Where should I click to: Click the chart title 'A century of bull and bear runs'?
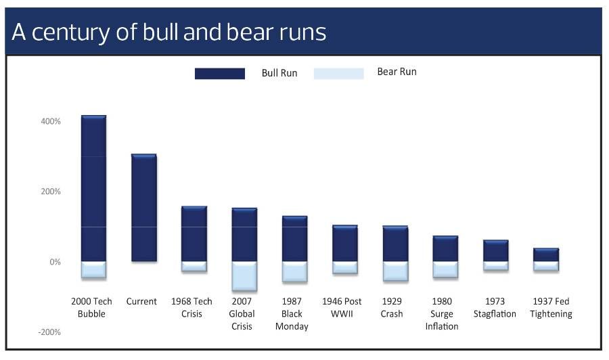tap(169, 32)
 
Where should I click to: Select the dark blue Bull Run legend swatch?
tap(219, 73)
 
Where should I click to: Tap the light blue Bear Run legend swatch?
tap(338, 73)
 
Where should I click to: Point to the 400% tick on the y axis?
tap(51, 121)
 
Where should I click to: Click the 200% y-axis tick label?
tap(51, 192)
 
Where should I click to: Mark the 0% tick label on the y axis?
tap(55, 262)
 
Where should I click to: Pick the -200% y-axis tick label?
tap(49, 332)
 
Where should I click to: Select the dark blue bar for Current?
tap(143, 208)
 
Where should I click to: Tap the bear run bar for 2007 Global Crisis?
tap(244, 276)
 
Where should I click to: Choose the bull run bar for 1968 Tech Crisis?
tap(194, 234)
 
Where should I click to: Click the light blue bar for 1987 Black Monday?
tap(294, 272)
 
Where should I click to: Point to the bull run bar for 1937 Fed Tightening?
tap(545, 255)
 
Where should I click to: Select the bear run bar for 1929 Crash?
tap(394, 271)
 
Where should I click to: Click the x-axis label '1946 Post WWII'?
tap(342, 307)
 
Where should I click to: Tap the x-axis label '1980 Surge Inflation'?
tap(442, 313)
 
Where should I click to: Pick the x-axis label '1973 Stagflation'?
tap(495, 307)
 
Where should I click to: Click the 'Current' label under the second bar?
tap(141, 301)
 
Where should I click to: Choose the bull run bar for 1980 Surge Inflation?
tap(445, 249)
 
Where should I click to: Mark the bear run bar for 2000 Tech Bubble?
tap(93, 270)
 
